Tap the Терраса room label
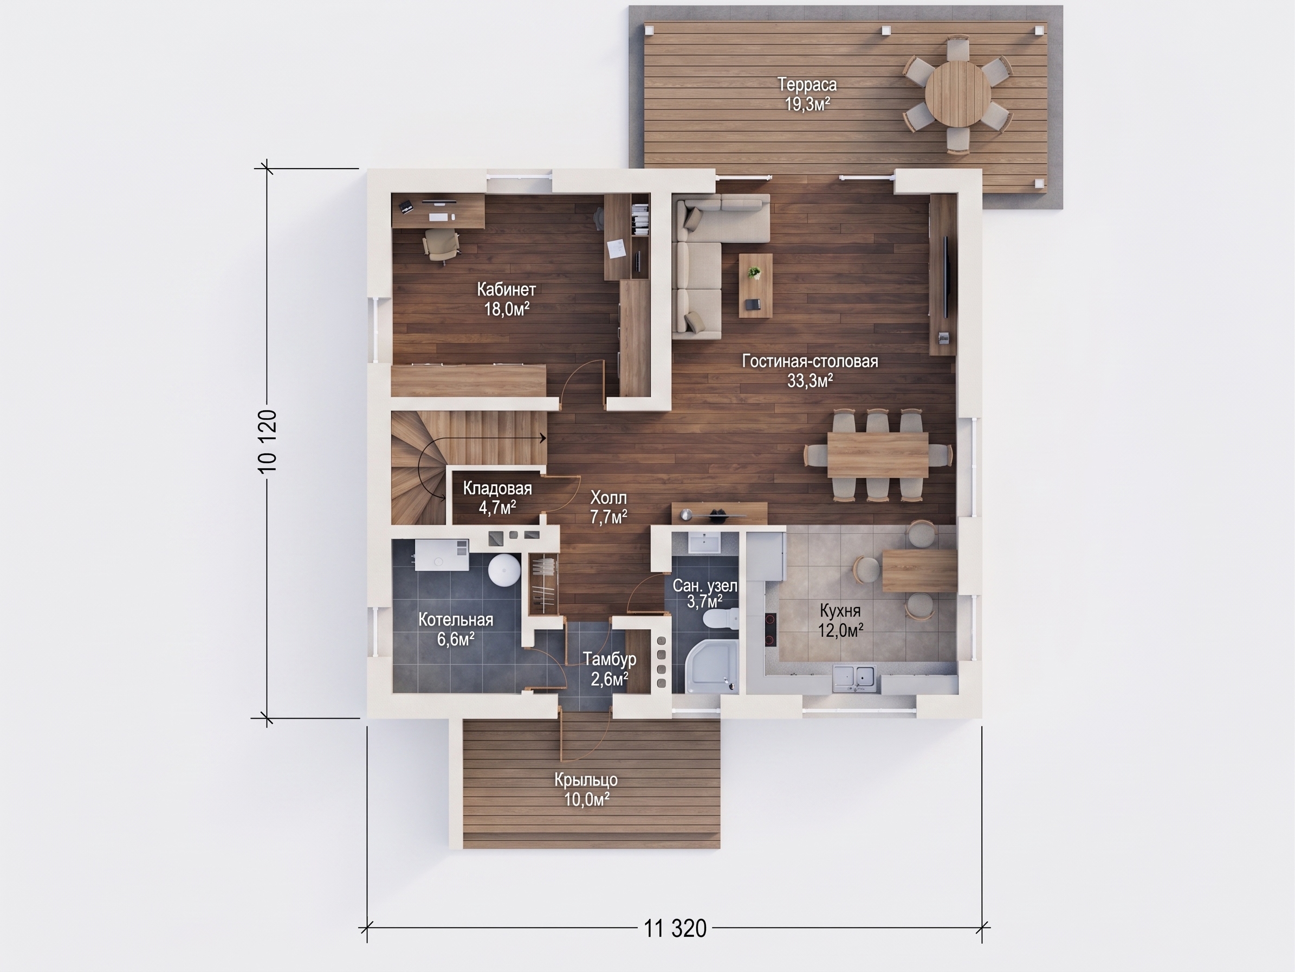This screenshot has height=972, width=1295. click(x=807, y=85)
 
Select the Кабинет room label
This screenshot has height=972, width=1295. click(x=507, y=290)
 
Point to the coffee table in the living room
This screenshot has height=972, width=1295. click(x=755, y=285)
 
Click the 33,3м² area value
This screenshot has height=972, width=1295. click(x=810, y=381)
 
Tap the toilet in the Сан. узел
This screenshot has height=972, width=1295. click(x=721, y=619)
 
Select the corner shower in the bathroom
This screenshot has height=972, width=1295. click(x=710, y=666)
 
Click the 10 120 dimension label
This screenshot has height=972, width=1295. click(x=267, y=442)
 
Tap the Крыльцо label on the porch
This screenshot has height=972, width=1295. click(x=586, y=781)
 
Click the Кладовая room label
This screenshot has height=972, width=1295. click(x=497, y=489)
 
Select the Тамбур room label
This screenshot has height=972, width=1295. click(x=610, y=660)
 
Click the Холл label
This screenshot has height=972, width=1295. click(x=609, y=498)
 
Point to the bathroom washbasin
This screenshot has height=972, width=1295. click(x=704, y=542)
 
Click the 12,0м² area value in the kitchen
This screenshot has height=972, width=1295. click(x=841, y=630)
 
